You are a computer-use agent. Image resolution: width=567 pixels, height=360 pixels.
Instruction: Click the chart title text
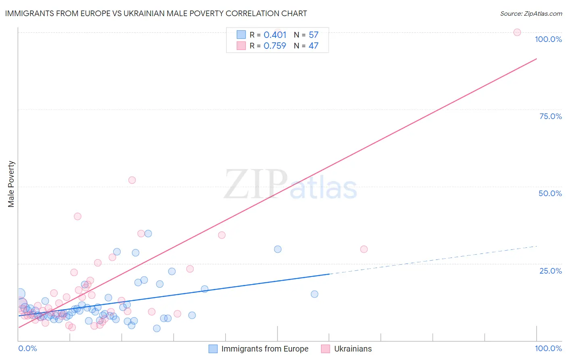[x=156, y=13]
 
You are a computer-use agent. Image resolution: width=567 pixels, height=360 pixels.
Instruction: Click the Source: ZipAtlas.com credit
[x=531, y=13]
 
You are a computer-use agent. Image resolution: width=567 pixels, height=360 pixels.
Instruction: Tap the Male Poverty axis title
[x=11, y=184]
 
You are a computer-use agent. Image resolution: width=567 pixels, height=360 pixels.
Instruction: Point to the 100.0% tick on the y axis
[x=548, y=39]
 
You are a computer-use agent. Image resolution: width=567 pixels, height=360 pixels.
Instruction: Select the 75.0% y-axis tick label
[x=550, y=116]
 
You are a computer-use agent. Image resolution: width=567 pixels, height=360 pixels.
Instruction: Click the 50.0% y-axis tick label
[x=550, y=193]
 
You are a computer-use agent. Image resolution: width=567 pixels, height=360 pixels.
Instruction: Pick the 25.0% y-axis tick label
[x=550, y=271]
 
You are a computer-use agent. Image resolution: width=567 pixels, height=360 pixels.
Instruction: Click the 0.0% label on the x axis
[x=27, y=348]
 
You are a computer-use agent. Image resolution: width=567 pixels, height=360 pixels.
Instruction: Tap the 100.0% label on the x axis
[x=548, y=348]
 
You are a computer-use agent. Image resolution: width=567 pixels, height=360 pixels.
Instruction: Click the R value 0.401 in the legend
[x=275, y=35]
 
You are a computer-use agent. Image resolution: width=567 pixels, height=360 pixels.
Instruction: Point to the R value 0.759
[x=275, y=46]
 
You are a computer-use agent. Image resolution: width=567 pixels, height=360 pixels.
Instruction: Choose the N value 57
[x=313, y=35]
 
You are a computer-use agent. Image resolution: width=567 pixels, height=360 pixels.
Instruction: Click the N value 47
[x=313, y=46]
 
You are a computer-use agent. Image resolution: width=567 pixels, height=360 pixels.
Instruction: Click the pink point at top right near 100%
[x=517, y=32]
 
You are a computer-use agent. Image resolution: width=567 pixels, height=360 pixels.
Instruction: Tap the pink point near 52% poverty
[x=132, y=180]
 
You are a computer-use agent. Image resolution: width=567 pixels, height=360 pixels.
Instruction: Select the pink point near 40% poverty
[x=77, y=216]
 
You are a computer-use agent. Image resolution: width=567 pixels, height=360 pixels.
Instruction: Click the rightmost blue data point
[x=315, y=294]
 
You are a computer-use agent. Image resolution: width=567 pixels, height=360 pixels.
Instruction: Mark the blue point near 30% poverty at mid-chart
[x=277, y=249]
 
